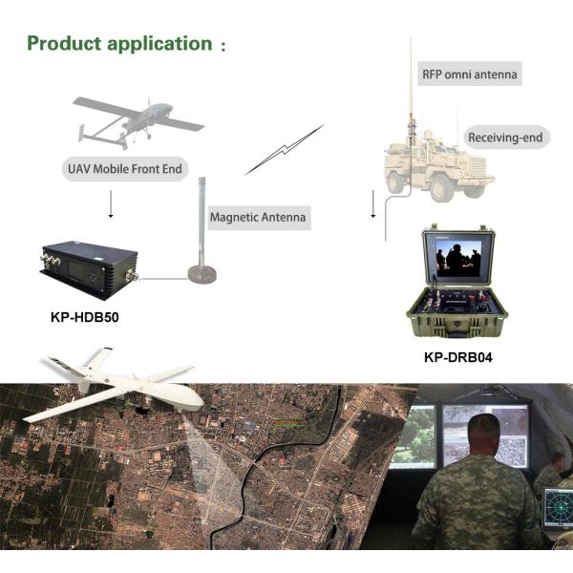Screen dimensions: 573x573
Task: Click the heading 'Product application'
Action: (x=120, y=44)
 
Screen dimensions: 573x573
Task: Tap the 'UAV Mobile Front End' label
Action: (x=125, y=169)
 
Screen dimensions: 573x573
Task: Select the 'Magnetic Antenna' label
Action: (x=258, y=218)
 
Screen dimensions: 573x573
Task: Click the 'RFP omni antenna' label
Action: (x=470, y=74)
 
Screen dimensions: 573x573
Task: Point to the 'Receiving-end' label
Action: (x=505, y=138)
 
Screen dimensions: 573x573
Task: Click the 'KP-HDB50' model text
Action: (x=85, y=317)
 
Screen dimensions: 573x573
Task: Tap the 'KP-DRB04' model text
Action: (x=458, y=357)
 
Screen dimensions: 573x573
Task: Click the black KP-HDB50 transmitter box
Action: (x=89, y=269)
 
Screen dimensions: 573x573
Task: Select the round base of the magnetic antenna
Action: (x=202, y=273)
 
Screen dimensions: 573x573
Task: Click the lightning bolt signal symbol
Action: (x=285, y=150)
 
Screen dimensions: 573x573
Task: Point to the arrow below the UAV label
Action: (x=111, y=204)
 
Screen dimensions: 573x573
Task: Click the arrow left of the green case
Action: (x=373, y=204)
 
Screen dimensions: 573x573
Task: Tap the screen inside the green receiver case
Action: (x=459, y=259)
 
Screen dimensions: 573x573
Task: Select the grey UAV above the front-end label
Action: (x=138, y=122)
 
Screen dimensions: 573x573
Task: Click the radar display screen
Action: (x=558, y=508)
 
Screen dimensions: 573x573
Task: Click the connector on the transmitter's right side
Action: (x=132, y=276)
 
